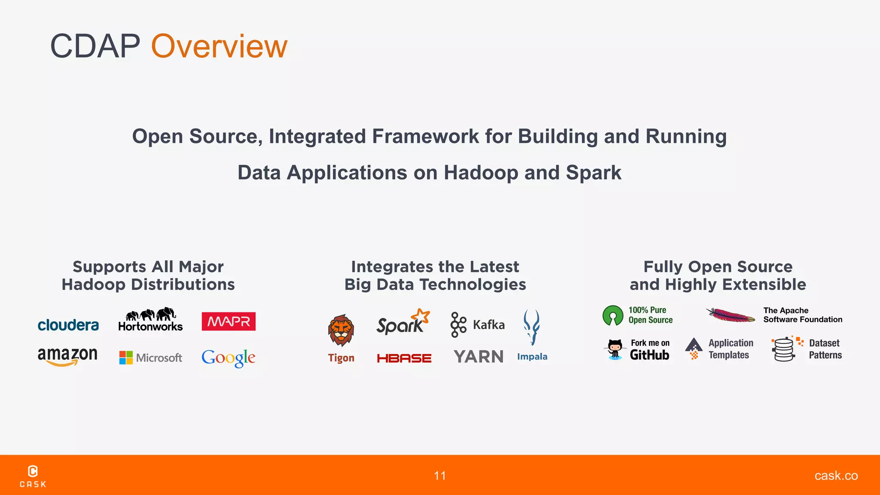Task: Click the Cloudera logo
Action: point(68,325)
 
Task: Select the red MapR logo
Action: point(229,321)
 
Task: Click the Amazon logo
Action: point(67,356)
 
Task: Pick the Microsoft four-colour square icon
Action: point(126,357)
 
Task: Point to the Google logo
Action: point(228,357)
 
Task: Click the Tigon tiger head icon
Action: point(341,330)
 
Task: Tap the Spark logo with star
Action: point(402,322)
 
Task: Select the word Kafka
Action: point(489,325)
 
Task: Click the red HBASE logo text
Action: point(404,358)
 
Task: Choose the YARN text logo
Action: point(478,357)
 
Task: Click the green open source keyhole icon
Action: point(613,315)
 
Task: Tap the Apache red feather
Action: point(730,315)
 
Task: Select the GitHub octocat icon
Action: point(615,349)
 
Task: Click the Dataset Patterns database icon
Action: point(784,349)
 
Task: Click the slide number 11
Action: point(440,476)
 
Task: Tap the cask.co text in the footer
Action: point(836,476)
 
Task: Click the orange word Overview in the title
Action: point(219,46)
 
